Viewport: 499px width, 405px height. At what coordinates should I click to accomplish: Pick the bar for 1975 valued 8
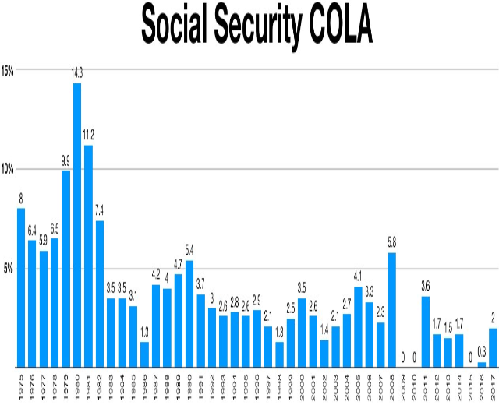pos(21,287)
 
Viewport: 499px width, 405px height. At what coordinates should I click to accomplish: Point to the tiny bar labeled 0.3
pos(482,364)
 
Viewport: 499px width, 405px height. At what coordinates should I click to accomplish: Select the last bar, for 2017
pos(493,347)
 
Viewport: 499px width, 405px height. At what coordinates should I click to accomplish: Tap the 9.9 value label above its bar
pos(65,161)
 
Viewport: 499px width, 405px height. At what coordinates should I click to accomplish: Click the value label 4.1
pos(358,276)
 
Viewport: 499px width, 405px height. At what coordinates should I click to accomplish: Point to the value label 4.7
pos(179,264)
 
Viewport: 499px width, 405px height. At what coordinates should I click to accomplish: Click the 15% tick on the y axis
pos(8,70)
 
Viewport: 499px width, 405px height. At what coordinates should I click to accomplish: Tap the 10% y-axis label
pos(8,169)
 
